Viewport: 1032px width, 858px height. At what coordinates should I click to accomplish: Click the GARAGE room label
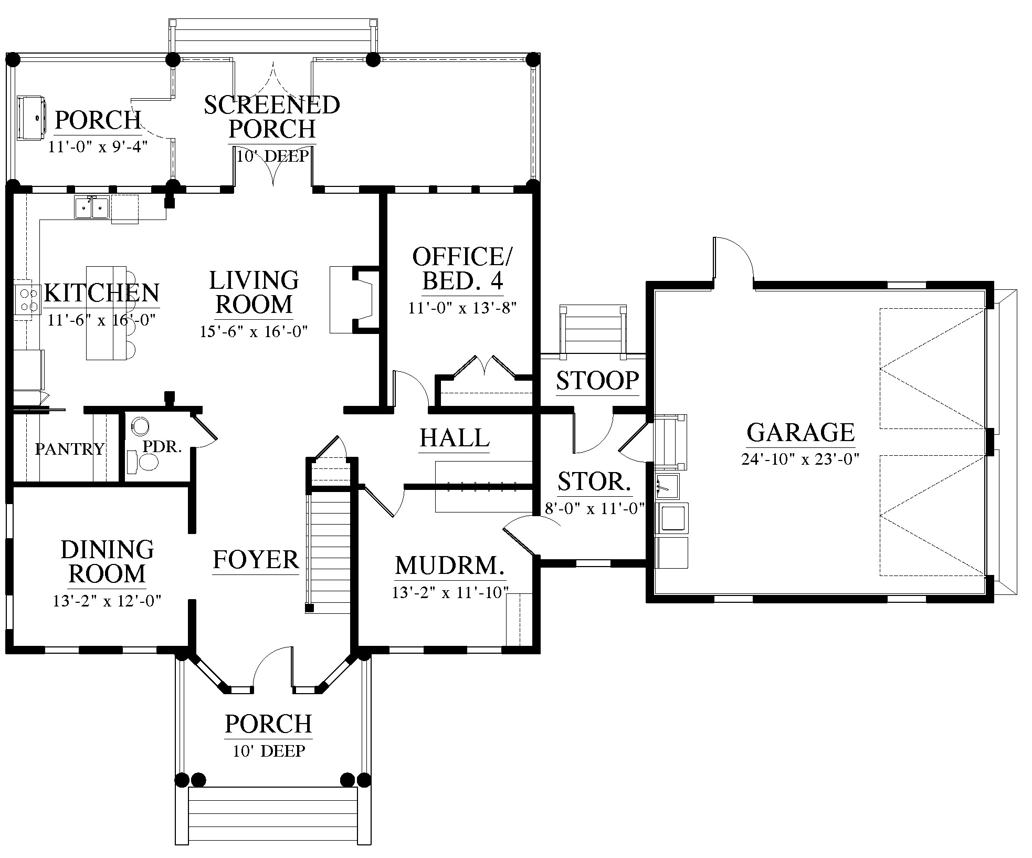(801, 432)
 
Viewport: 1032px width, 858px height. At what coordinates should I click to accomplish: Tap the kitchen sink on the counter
(91, 207)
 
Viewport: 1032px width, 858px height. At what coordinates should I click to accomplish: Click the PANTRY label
(70, 449)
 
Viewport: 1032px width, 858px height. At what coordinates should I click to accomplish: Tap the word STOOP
(597, 381)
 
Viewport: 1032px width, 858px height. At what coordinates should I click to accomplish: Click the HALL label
(455, 438)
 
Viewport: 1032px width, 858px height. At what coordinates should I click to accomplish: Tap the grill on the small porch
(30, 118)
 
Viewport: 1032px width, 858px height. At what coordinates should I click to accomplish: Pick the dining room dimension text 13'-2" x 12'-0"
(107, 601)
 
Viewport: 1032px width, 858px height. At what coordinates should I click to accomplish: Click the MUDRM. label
(450, 566)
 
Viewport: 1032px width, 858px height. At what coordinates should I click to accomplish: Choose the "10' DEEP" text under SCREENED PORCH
(272, 156)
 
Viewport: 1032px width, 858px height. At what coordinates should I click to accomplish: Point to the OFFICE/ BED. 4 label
(462, 269)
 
